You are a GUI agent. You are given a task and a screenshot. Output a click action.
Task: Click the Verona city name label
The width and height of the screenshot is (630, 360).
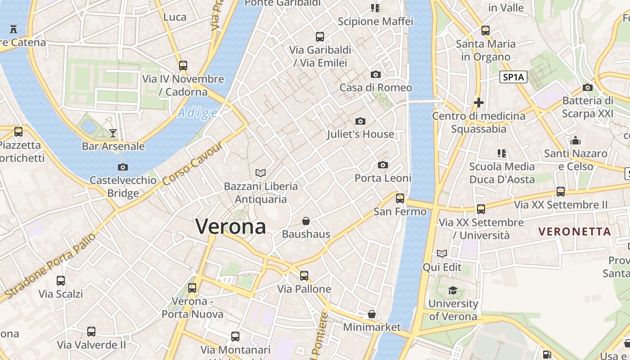(x=231, y=226)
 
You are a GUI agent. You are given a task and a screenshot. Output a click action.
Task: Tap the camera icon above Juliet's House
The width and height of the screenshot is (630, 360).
(x=360, y=121)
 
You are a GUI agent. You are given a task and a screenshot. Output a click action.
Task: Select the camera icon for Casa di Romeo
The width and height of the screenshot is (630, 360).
(x=376, y=74)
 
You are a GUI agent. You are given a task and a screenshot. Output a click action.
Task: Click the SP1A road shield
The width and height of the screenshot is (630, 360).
(x=513, y=77)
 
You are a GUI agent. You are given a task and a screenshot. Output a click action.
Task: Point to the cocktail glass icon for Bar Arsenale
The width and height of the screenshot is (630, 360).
(x=113, y=133)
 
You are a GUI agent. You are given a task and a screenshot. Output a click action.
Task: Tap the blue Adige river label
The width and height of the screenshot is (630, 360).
(x=197, y=113)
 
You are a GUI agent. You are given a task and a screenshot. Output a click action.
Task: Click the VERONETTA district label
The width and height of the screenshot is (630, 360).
(x=575, y=232)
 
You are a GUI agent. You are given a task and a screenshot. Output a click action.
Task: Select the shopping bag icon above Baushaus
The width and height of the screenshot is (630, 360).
(x=306, y=221)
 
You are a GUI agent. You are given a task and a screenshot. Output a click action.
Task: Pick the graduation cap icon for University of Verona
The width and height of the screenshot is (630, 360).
(x=453, y=291)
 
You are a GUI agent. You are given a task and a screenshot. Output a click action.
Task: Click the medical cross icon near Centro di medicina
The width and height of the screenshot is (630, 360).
(x=479, y=103)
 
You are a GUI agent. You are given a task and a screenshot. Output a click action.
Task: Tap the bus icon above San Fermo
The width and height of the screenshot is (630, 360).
(x=400, y=198)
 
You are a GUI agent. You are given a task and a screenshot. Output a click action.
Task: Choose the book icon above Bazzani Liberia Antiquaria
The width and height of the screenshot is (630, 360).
(x=261, y=173)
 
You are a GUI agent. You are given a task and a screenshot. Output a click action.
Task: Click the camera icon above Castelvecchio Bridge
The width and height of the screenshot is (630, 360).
(x=122, y=167)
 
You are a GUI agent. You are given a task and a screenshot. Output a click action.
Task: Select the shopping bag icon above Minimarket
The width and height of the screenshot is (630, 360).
(x=372, y=314)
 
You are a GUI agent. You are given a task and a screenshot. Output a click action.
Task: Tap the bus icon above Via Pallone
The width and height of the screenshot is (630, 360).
(x=304, y=276)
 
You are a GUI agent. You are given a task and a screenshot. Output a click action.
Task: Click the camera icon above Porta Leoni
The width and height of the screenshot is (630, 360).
(x=383, y=165)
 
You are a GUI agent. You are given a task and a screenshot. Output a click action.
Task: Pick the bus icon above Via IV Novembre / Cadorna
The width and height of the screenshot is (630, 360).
(x=183, y=66)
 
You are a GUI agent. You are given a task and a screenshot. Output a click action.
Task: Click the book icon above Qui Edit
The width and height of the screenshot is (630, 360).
(x=442, y=254)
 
